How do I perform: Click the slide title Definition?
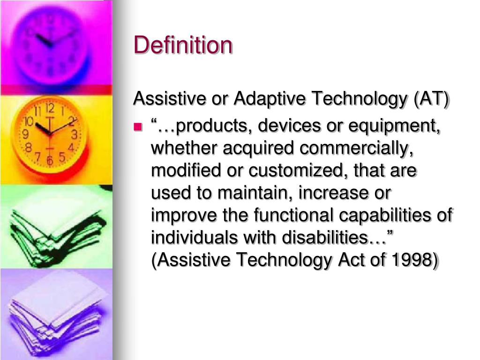(183, 45)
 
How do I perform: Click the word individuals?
(195, 238)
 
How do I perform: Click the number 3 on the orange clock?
(74, 135)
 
